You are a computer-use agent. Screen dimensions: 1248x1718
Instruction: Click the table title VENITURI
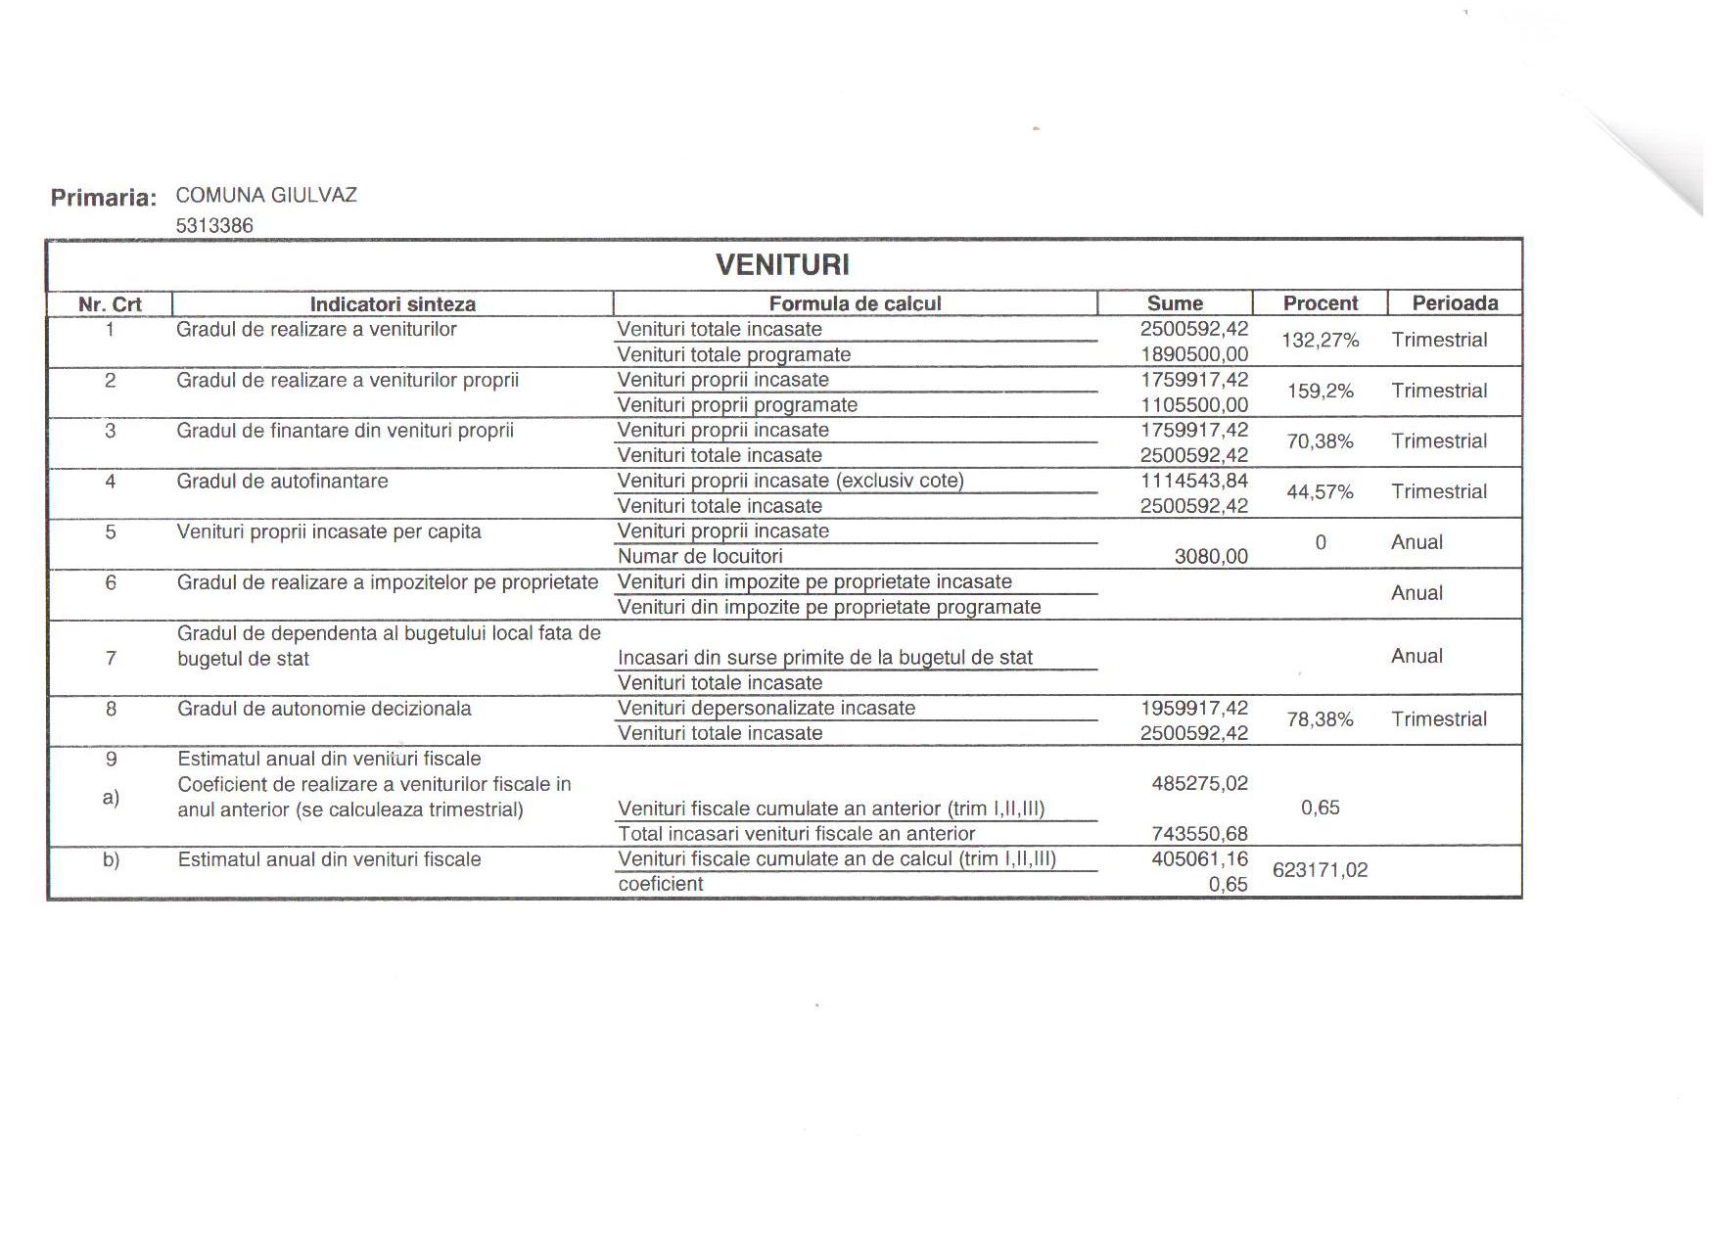pos(782,264)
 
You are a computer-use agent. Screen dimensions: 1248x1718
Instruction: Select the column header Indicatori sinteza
pos(393,304)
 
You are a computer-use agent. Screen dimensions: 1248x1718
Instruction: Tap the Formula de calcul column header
pos(855,303)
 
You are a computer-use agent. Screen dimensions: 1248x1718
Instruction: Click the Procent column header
pos(1321,303)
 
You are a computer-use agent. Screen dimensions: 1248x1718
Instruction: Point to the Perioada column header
pos(1455,303)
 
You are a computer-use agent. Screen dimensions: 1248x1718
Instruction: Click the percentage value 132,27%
pos(1321,341)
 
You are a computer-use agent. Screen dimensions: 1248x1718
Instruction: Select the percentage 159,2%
pos(1321,392)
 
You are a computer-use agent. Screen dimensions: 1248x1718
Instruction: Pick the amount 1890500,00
pos(1194,354)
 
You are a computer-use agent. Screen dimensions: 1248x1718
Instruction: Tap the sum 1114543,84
pos(1194,481)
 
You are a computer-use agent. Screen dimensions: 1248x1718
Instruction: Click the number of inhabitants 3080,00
pos(1211,557)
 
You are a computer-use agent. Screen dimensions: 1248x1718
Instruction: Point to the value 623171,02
pos(1320,870)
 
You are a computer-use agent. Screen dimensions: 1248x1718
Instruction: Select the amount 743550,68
pos(1200,834)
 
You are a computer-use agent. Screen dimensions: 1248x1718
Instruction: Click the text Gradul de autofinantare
pos(282,482)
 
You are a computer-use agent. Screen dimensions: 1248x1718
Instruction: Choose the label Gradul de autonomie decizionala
pos(324,709)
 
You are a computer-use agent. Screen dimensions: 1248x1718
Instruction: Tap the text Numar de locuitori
pos(700,557)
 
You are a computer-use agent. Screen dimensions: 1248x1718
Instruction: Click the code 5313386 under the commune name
pos(214,226)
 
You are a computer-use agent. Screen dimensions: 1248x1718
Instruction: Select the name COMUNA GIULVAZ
pos(266,195)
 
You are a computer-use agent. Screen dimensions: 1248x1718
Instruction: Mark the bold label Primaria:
pos(104,198)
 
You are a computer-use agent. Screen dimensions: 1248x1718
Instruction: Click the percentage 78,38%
pos(1321,720)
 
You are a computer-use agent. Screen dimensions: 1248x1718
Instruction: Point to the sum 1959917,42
pos(1194,708)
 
